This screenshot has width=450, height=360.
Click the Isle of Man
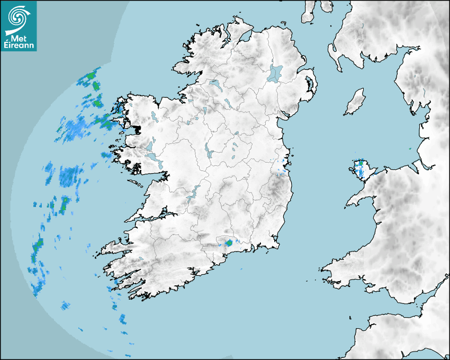coord(355,102)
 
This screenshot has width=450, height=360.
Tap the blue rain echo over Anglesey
coord(361,168)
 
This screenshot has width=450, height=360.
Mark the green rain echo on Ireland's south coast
coord(229,243)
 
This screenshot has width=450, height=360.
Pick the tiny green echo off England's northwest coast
coord(410,149)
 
